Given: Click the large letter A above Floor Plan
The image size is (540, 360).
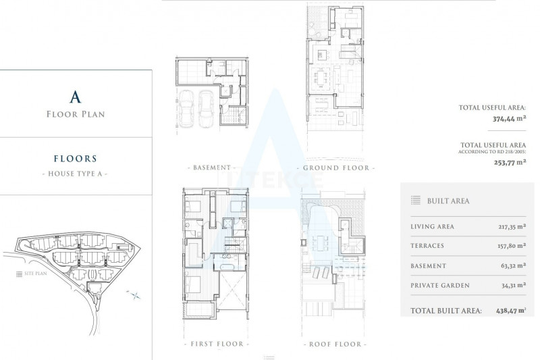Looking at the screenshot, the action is tap(76, 97).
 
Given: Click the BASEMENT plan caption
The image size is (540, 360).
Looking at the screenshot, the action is tap(212, 168).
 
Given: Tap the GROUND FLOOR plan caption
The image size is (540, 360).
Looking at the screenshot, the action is tap(336, 168).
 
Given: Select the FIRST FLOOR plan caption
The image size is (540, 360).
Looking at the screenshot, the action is tap(217, 344).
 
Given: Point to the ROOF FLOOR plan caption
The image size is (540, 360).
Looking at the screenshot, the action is tap(335, 344).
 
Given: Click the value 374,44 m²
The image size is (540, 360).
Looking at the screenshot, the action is tap(509, 119).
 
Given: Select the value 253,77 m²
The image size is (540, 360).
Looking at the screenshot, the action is tap(510, 162).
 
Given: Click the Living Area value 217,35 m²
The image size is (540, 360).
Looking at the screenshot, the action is tap(512, 227).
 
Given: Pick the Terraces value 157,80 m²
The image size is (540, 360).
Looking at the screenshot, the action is tap(512, 246).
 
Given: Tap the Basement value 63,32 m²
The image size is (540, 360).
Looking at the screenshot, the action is tap(513, 266).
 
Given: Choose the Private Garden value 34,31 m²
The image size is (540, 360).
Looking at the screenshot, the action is tap(514, 285).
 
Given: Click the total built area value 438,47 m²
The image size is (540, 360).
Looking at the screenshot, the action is tap(511, 311).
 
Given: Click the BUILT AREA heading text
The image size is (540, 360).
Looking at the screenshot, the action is tap(448, 201).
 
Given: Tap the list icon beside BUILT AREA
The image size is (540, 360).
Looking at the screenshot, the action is tap(416, 201).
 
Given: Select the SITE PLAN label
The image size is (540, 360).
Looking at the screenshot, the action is tap(36, 274).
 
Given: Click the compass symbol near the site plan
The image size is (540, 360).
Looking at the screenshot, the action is tap(134, 295).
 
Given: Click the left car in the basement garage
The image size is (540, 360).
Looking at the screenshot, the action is tap(186, 109).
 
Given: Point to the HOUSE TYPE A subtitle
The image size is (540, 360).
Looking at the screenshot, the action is tap(75, 174).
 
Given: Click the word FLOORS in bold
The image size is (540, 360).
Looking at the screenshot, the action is tap(76, 159).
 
